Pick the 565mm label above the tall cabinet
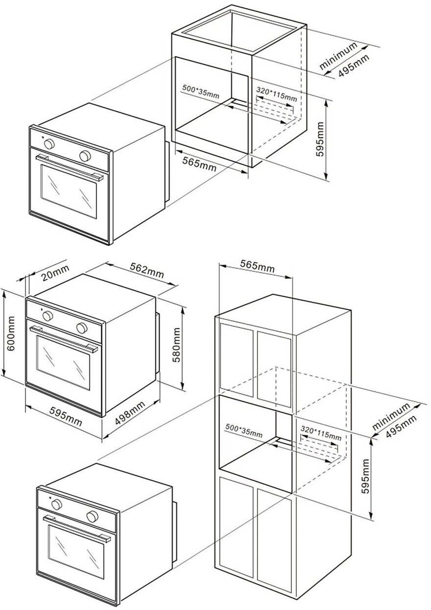click(257, 266)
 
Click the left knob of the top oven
click(49, 144)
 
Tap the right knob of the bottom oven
click(92, 516)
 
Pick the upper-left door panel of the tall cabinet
click(236, 359)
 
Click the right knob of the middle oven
click(81, 327)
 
